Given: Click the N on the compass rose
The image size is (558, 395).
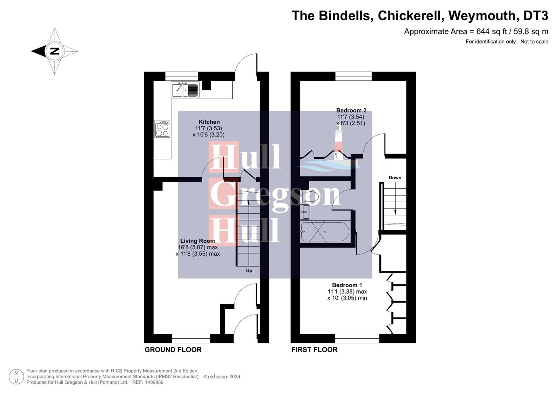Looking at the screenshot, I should point(54,51).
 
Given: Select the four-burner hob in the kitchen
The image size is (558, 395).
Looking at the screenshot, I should point(162,129).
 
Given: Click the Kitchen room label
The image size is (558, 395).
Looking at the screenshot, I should point(209,122).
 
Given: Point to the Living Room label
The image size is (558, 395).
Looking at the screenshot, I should point(197,241).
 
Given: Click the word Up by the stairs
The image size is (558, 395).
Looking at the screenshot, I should point(249,271).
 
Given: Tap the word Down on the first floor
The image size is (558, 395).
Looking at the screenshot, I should point(395,178).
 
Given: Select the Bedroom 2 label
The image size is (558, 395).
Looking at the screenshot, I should point(351,110).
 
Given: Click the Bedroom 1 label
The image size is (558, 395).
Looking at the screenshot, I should point(347,285).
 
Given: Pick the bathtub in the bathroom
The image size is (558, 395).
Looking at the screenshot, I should point(324,232).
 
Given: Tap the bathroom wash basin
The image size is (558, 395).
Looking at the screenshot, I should point(305,212).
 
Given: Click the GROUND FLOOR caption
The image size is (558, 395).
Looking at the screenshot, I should point(173,350).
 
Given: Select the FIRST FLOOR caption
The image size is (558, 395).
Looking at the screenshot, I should point(314,350).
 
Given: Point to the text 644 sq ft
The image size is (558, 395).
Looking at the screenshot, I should point(490,31).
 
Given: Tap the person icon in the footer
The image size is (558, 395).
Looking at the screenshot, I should point(16,377).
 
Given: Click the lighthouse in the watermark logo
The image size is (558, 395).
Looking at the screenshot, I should point(339,144).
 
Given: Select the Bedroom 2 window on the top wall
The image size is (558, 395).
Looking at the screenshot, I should point(353,76).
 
